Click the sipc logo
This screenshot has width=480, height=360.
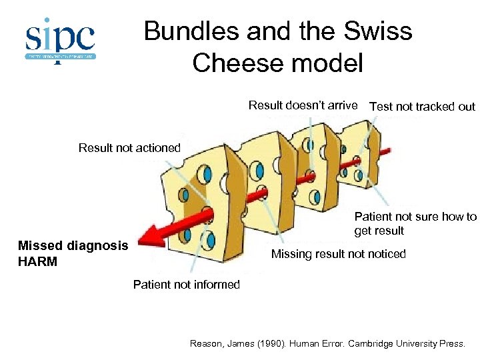(61, 40)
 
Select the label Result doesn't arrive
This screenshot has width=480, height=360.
(303, 105)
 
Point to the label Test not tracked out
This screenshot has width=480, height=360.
(422, 106)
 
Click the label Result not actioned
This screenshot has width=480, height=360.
(129, 148)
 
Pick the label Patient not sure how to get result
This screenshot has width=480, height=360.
(415, 223)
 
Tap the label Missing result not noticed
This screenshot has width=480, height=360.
(338, 254)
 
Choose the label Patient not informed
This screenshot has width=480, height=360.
(186, 285)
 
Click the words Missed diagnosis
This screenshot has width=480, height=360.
(73, 245)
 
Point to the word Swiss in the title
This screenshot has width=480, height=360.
(377, 31)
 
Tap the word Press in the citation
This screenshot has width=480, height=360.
(451, 344)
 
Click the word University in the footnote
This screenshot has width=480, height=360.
(413, 344)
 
